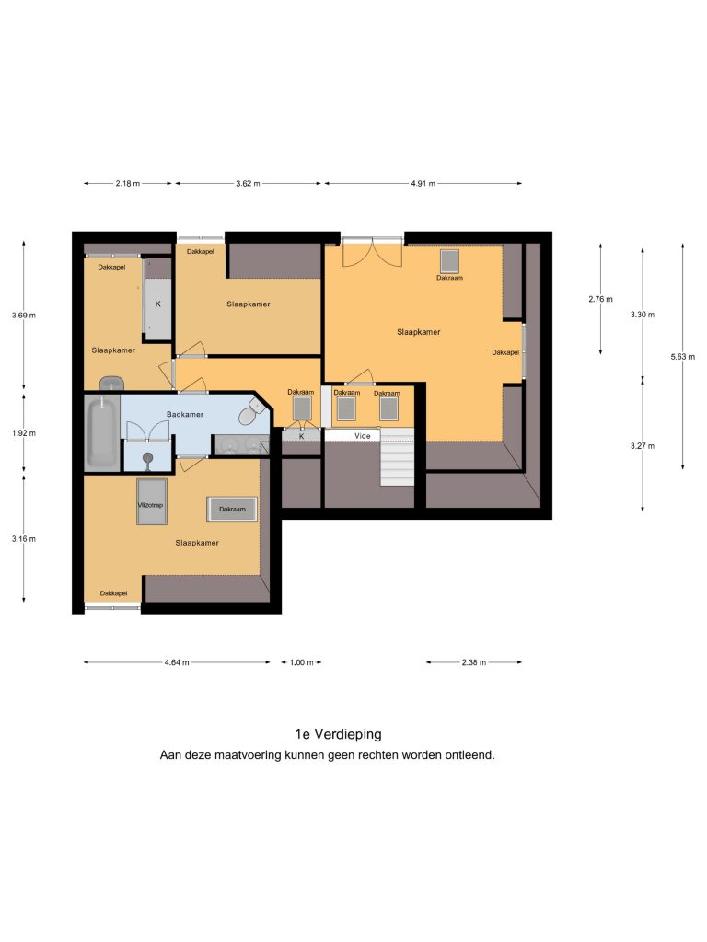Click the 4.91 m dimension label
[423, 183]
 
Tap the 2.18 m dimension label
[127, 183]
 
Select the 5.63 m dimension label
[682, 356]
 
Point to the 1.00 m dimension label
[301, 662]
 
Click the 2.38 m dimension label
[474, 662]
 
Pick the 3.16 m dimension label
[23, 538]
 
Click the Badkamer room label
[184, 414]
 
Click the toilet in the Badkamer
[252, 412]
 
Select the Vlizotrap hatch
[151, 501]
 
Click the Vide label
[362, 435]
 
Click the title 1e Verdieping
[338, 733]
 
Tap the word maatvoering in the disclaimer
[249, 754]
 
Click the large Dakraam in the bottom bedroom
[232, 509]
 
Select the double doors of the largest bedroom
[372, 252]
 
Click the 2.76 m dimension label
[600, 299]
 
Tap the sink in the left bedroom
[111, 384]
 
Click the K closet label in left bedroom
[157, 304]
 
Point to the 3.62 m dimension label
[248, 183]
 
